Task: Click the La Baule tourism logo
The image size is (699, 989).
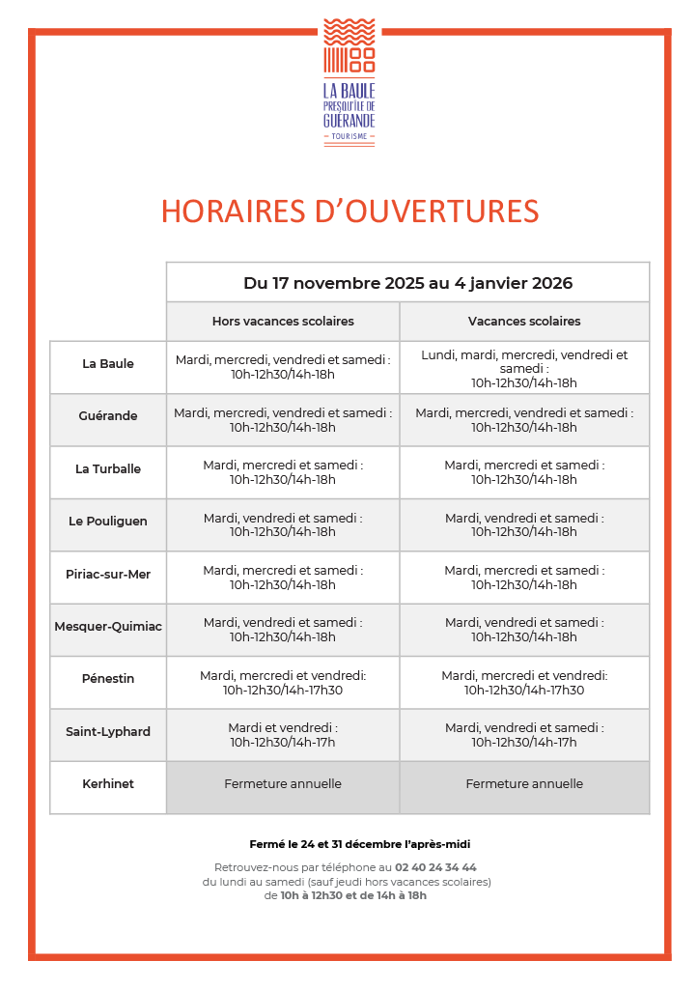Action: click(x=349, y=82)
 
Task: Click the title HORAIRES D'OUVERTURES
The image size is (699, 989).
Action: click(x=349, y=212)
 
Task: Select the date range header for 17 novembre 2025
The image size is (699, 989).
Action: click(x=407, y=283)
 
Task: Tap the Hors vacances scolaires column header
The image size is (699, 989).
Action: click(x=283, y=322)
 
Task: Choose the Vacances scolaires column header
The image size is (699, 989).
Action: click(x=524, y=322)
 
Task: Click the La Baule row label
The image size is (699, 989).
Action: click(x=108, y=364)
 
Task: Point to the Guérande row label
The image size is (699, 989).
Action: click(x=108, y=416)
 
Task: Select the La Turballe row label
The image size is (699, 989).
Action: click(x=108, y=469)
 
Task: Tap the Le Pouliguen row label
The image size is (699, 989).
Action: click(x=108, y=522)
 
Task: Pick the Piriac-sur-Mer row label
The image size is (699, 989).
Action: click(x=108, y=575)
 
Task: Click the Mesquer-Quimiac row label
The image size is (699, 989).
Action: click(x=108, y=627)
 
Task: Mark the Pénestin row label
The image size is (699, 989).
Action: click(x=108, y=679)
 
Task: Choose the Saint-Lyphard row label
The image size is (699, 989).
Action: click(x=108, y=732)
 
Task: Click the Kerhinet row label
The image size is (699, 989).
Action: click(x=108, y=784)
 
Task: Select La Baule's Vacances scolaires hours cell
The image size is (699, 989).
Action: click(x=524, y=369)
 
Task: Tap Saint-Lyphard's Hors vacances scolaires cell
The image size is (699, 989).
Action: click(x=283, y=735)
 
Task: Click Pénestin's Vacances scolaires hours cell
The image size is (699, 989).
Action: click(x=524, y=683)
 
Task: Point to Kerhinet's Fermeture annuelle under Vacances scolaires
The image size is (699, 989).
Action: click(x=524, y=784)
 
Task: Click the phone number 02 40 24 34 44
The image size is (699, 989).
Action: click(x=435, y=867)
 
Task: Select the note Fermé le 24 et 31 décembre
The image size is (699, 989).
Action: click(x=360, y=844)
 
